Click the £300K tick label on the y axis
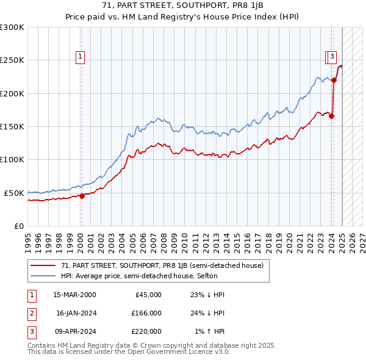[12, 27]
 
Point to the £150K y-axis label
[12, 126]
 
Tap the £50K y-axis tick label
[14, 193]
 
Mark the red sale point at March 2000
[81, 196]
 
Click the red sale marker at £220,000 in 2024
[334, 80]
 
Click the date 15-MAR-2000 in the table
[74, 295]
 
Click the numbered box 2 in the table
[31, 313]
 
